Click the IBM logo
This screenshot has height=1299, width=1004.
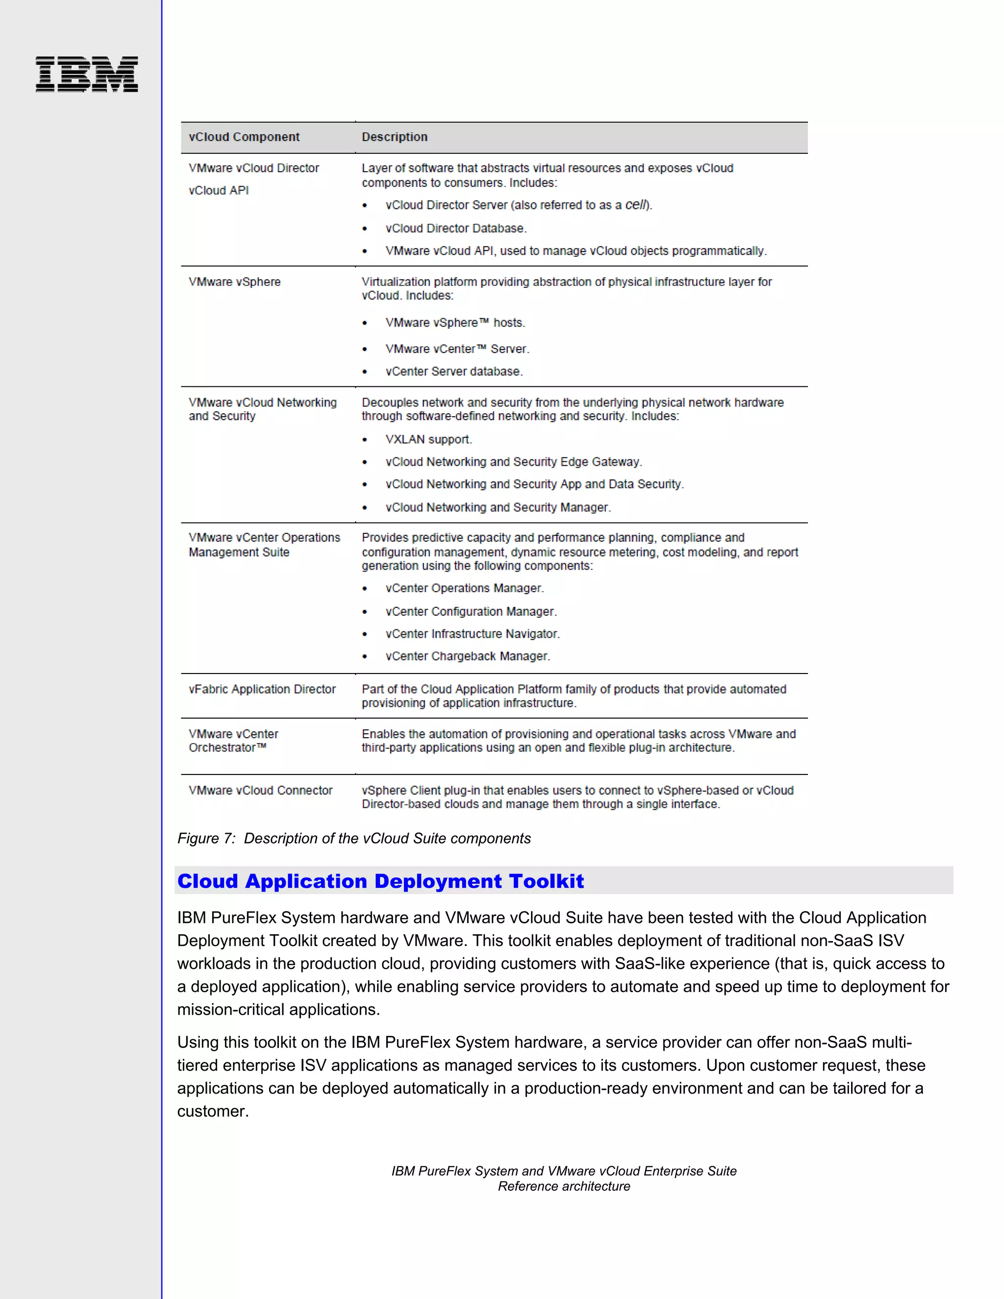point(87,75)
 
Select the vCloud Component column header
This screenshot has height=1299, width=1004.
point(244,137)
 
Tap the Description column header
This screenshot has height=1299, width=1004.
point(394,137)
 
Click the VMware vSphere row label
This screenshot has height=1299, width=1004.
point(234,282)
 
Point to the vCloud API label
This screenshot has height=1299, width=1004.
point(218,190)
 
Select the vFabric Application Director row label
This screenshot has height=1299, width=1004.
point(262,689)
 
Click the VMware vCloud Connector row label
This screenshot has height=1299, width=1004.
point(260,791)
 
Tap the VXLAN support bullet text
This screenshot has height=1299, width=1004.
point(428,440)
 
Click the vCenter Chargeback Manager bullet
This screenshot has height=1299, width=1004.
point(468,656)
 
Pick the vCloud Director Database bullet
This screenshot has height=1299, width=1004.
point(455,228)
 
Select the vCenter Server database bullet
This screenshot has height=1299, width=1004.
point(454,372)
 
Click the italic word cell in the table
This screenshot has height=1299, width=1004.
point(635,204)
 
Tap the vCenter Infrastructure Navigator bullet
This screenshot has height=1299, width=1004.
point(472,634)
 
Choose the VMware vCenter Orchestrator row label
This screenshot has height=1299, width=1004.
point(233,741)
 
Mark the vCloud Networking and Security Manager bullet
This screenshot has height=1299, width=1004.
point(498,507)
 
